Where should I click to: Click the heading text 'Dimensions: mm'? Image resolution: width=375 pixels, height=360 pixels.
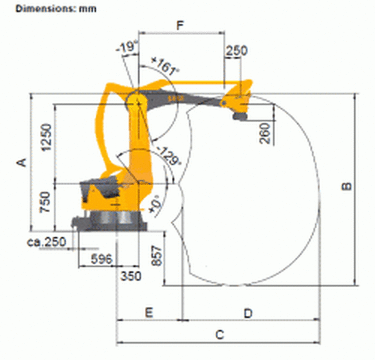coord(56,9)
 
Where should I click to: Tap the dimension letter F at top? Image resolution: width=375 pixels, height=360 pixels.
coord(181,25)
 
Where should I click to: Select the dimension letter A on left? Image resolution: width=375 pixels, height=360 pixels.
coord(21,162)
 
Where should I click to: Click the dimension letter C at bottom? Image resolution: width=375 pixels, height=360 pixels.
coord(220,334)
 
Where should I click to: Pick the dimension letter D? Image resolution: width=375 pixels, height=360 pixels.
coord(248,313)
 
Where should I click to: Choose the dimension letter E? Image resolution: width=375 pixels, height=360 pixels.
coord(149,312)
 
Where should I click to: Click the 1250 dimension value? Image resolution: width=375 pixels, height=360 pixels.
coord(46,137)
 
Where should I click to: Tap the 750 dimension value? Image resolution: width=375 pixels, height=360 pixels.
coord(45,202)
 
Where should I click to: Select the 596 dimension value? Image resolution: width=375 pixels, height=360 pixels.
coord(102,259)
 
